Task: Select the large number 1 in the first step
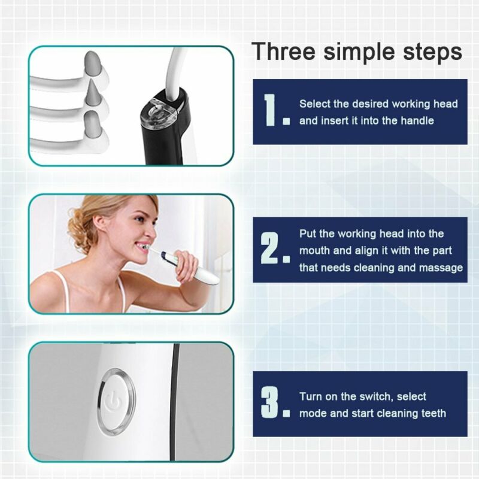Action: [x=272, y=110]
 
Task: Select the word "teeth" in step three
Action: [x=430, y=413]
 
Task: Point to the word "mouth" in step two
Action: [x=315, y=251]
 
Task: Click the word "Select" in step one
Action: [x=316, y=104]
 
